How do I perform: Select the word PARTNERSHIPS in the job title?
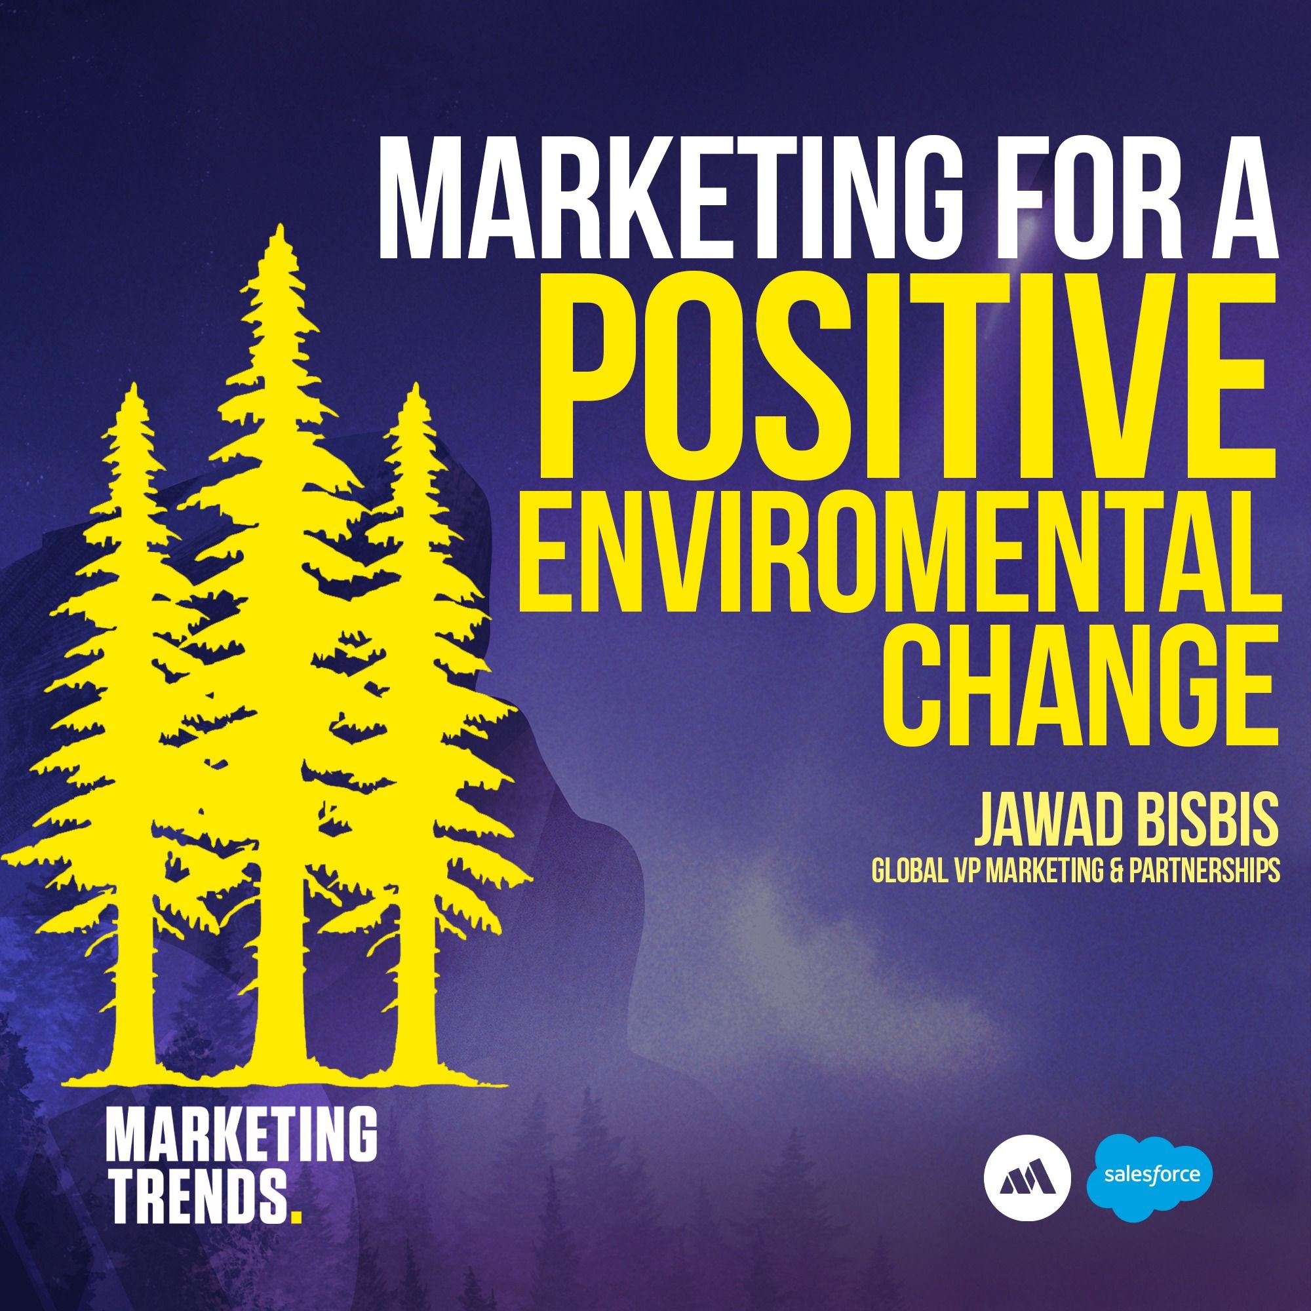(1200, 872)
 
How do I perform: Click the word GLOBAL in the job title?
(905, 872)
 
